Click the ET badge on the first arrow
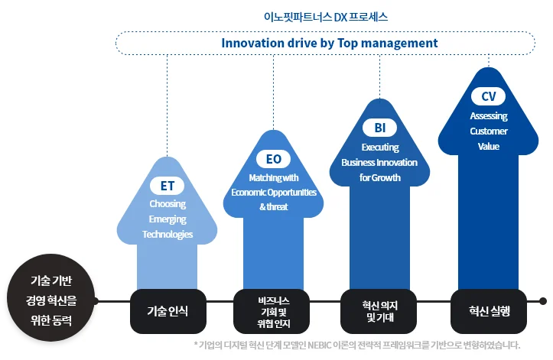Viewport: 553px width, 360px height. [167, 186]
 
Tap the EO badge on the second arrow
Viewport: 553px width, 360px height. [273, 158]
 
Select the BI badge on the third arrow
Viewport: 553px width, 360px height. [379, 127]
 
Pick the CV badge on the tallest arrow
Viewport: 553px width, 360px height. [488, 96]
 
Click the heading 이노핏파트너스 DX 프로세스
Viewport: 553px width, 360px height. [329, 15]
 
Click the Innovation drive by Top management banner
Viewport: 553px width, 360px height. [329, 43]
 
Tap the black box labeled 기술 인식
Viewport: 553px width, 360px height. [168, 311]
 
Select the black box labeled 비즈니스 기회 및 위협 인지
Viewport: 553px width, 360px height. [273, 311]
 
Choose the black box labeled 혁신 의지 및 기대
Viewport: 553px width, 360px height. [379, 311]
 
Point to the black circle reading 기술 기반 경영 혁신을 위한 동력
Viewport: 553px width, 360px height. [51, 300]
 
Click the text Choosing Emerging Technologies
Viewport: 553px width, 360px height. [168, 219]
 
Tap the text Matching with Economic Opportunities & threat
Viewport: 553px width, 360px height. [273, 192]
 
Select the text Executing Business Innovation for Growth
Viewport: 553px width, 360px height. [379, 162]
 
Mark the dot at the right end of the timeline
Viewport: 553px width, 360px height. [543, 301]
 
